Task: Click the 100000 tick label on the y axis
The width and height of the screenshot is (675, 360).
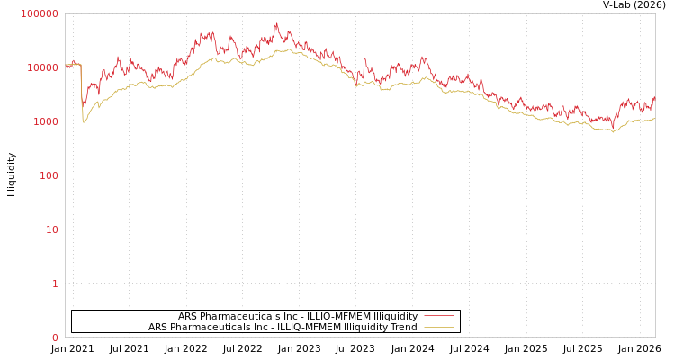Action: pos(40,13)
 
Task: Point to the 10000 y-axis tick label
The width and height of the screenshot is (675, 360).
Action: pos(42,67)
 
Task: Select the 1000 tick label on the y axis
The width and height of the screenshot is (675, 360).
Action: pos(45,121)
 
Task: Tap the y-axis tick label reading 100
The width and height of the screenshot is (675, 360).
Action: pos(48,175)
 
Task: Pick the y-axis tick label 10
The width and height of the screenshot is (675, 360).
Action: pos(51,229)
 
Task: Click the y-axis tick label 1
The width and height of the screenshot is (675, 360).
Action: pos(55,283)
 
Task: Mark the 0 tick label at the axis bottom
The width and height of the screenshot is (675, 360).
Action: pos(55,337)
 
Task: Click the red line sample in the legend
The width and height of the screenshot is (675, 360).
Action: pos(438,316)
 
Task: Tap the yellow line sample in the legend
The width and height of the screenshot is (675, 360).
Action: pos(438,327)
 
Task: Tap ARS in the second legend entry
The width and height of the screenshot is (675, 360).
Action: pos(158,327)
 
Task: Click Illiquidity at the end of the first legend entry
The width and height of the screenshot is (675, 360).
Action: pos(395,316)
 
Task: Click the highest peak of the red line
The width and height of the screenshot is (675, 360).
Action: pos(276,23)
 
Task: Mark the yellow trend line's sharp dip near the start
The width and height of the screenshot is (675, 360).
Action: pos(84,121)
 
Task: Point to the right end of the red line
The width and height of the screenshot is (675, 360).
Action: pos(654,97)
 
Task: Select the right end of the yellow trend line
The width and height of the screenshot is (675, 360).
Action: pos(654,118)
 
